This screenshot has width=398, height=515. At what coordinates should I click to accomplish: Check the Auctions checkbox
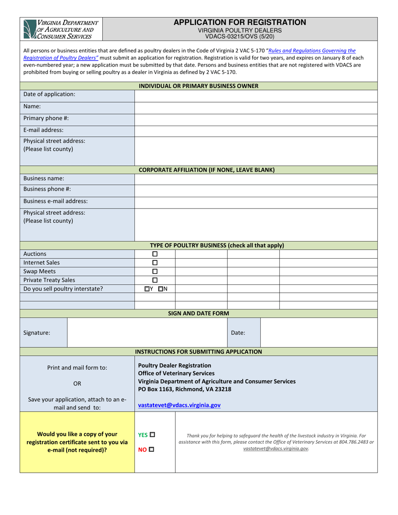tap(155, 254)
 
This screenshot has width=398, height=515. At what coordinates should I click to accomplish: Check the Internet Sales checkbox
tap(155, 263)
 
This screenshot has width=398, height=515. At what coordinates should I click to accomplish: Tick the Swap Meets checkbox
tap(155, 271)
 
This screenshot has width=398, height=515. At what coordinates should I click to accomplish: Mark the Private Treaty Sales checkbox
tap(155, 280)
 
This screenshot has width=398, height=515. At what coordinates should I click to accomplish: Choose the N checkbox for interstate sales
tap(161, 289)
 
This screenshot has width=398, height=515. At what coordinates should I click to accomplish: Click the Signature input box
tap(147, 333)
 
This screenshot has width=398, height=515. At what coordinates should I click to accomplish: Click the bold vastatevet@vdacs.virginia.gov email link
tap(179, 405)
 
